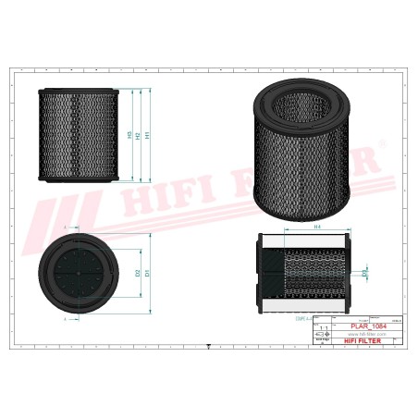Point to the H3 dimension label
point(129,135)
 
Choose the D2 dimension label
point(138,274)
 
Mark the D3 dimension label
point(364,274)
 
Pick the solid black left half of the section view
point(266,274)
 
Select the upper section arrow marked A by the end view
point(65,226)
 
